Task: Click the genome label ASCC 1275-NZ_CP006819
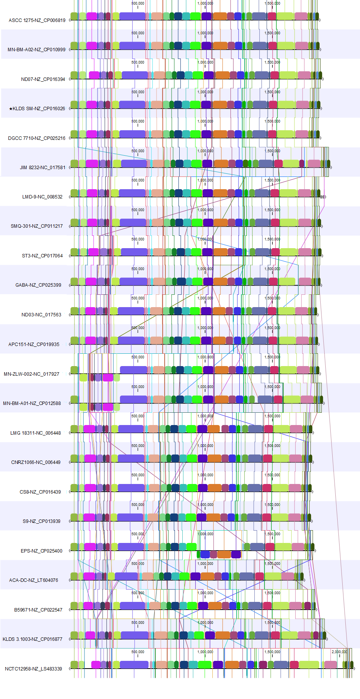tap(37, 20)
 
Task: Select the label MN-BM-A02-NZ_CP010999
tap(37, 50)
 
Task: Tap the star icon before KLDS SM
tap(11, 109)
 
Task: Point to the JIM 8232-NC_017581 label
tap(43, 168)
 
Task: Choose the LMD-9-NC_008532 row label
tap(42, 197)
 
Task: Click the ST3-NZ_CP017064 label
tap(42, 256)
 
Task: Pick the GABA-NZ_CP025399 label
tap(38, 285)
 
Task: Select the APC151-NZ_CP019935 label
tap(34, 344)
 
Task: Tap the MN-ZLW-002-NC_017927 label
tap(32, 374)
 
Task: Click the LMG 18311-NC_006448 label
tap(35, 433)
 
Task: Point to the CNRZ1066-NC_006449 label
tap(36, 462)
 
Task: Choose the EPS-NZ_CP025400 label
tap(42, 551)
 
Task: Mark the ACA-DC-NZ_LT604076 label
tap(34, 580)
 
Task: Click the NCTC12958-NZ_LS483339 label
tap(34, 669)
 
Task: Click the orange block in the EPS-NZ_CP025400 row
tap(224, 554)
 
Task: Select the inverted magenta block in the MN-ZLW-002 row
tap(108, 377)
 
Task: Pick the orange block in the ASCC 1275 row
tap(220, 16)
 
